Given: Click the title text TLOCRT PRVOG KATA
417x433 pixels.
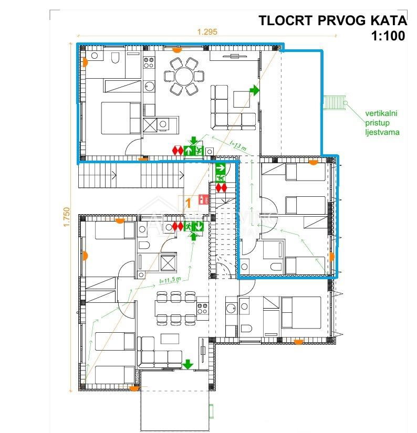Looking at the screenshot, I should coord(332,20).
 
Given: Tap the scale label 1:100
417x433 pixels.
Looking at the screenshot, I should coord(388,36).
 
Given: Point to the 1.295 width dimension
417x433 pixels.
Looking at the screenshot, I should coord(207,31).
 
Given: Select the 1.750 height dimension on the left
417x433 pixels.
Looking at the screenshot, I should coord(66,217).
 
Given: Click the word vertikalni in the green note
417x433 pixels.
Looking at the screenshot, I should coord(382,112).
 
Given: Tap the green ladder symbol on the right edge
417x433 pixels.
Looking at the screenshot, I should coord(335,102).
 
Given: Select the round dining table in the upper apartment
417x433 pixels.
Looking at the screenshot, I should coord(184,77).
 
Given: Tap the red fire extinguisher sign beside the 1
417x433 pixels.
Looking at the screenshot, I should coord(203,199).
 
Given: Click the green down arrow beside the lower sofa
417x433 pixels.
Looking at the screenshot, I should coord(187,364).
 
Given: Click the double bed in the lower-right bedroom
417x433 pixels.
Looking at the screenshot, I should coord(301,312).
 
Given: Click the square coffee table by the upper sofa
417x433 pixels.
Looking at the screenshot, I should coord(243,99).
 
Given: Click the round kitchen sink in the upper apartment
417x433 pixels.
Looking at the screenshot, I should coord(162,124).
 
